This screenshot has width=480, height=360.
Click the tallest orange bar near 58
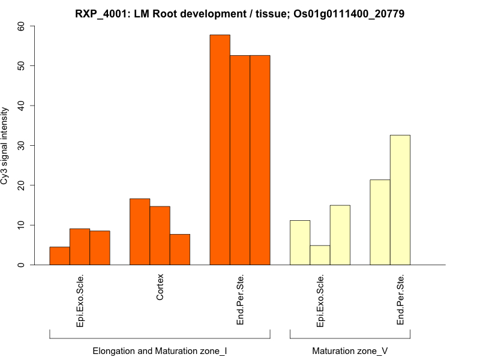[x=220, y=150]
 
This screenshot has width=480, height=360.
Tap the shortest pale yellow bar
[x=320, y=255]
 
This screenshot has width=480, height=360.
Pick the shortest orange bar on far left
[x=59, y=256]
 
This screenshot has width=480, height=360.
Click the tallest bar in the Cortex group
[x=140, y=232]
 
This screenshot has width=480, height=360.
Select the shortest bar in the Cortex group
[x=180, y=250]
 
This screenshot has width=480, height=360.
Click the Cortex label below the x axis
[x=160, y=288]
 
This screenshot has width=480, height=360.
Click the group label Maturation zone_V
[x=350, y=350]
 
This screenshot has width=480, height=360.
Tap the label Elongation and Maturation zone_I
[x=160, y=350]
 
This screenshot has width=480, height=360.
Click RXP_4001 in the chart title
[x=106, y=13]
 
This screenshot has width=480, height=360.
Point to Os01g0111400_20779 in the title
[x=349, y=13]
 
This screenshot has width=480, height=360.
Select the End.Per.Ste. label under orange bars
[x=240, y=300]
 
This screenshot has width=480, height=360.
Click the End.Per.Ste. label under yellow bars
[x=400, y=300]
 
